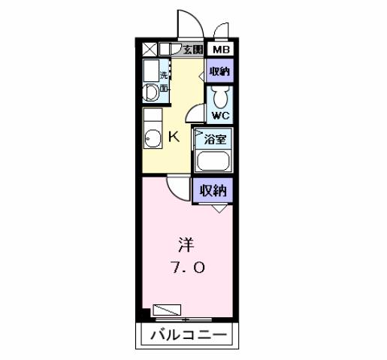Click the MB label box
pos(220,50)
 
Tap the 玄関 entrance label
pos(192,50)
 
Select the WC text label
pos(219,116)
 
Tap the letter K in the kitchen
pos(173,138)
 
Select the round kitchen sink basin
pos(153,140)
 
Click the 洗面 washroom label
pos(163,81)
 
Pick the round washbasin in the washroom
pos(150,92)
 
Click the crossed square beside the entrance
pos(150,50)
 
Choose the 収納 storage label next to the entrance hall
pos(219,71)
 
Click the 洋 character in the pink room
pos(185,244)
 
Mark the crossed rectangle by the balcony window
pos(166,309)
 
